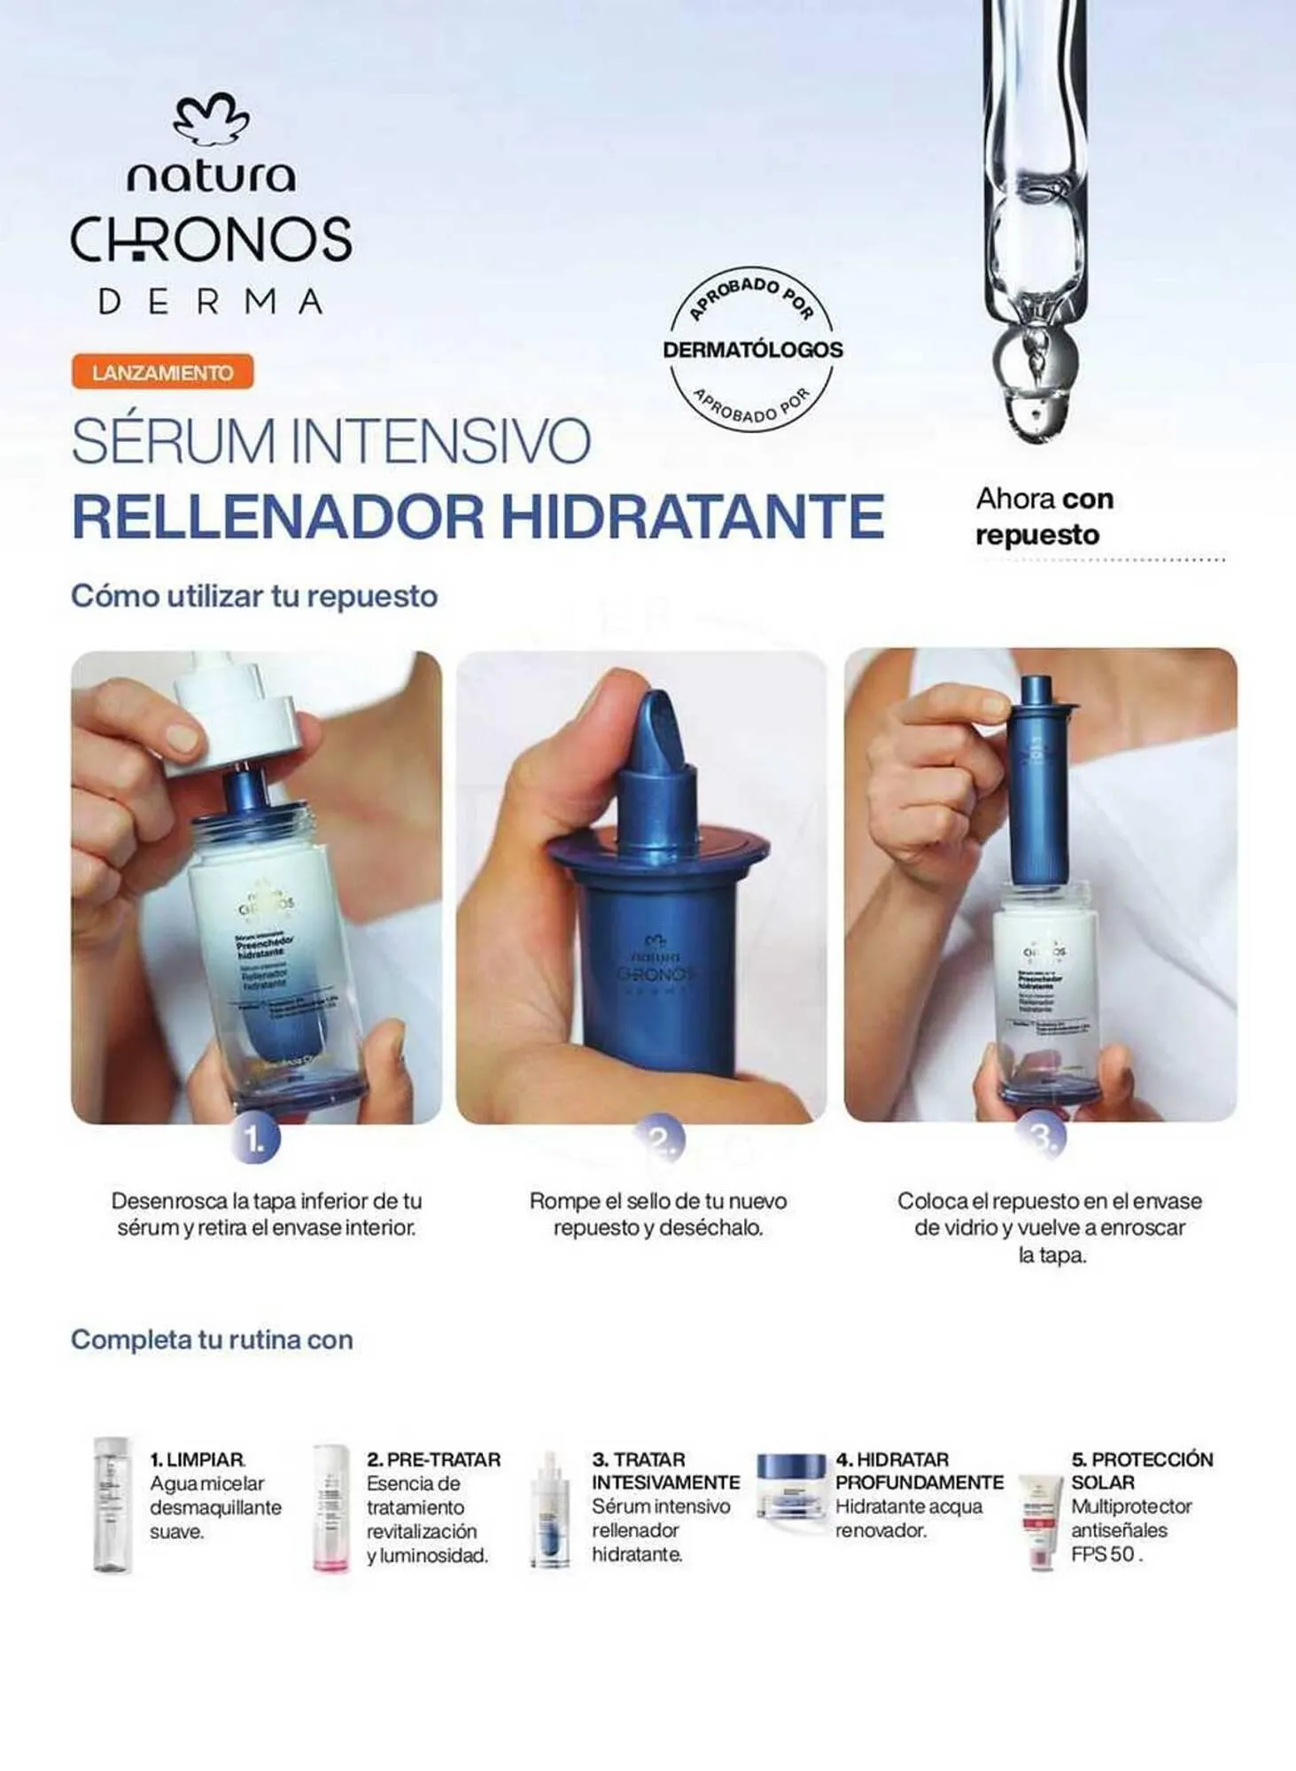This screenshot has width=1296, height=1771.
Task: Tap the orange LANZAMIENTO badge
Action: pyautogui.click(x=163, y=372)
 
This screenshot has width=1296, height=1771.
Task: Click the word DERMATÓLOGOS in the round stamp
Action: pyautogui.click(x=752, y=349)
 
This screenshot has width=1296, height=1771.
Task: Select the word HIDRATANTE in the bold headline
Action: pyautogui.click(x=693, y=516)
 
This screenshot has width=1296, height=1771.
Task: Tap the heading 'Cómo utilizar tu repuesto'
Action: pyautogui.click(x=254, y=596)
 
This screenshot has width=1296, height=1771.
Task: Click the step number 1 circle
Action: pyautogui.click(x=255, y=1140)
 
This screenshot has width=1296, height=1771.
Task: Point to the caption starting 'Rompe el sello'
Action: pyautogui.click(x=657, y=1214)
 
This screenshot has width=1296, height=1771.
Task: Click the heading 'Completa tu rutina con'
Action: pyautogui.click(x=212, y=1340)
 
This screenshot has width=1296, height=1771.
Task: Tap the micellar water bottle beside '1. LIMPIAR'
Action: pyautogui.click(x=113, y=1504)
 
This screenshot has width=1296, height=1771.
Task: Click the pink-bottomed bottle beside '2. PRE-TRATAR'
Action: pyautogui.click(x=330, y=1508)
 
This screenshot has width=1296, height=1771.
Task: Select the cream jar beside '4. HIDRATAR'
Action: pyautogui.click(x=791, y=1486)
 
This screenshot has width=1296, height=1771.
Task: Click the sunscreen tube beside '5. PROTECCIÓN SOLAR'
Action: pyautogui.click(x=1041, y=1522)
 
